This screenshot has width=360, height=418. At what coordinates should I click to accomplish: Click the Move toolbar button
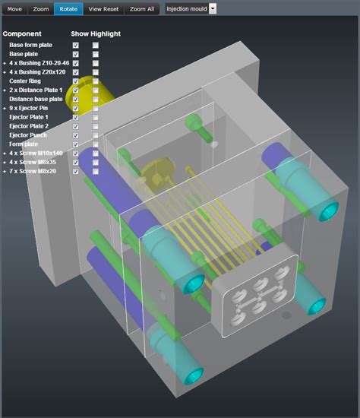pyautogui.click(x=15, y=8)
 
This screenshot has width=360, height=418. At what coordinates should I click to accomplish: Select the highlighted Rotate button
pyautogui.click(x=68, y=8)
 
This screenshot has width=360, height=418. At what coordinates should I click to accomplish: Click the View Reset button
pyautogui.click(x=103, y=8)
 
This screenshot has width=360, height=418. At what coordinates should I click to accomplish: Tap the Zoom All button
pyautogui.click(x=142, y=8)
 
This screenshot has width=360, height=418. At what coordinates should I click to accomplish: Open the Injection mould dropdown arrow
pyautogui.click(x=213, y=8)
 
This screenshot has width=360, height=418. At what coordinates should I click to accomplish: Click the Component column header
pyautogui.click(x=22, y=34)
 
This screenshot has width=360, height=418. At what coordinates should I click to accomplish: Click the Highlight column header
pyautogui.click(x=106, y=34)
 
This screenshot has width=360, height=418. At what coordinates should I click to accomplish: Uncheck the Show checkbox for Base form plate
pyautogui.click(x=75, y=46)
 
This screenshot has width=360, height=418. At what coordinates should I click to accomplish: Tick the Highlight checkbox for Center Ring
pyautogui.click(x=95, y=81)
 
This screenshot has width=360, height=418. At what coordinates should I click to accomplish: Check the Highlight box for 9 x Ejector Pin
pyautogui.click(x=95, y=109)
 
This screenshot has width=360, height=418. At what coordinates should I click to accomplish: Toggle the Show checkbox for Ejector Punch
pyautogui.click(x=75, y=135)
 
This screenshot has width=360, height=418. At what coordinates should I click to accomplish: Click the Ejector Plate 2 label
pyautogui.click(x=29, y=126)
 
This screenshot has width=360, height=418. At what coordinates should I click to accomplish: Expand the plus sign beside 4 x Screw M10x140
pyautogui.click(x=5, y=154)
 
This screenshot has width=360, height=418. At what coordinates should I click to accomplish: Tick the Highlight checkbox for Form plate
pyautogui.click(x=95, y=144)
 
